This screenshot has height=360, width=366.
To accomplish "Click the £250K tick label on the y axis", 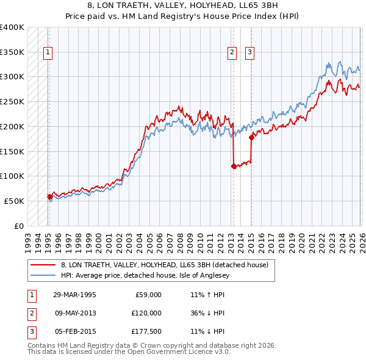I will point(12,101).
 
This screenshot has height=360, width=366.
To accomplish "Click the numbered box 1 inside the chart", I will point(48,53).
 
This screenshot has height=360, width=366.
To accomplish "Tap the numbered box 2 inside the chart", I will point(232,53).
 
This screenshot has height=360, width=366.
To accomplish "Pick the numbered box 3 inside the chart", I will point(250,53).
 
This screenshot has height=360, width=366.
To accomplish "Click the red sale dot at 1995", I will point(50,196).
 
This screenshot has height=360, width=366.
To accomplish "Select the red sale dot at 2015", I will point(251,137).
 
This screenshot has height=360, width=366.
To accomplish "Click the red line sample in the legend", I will point(43,265).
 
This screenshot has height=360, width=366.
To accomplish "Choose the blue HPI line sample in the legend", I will point(43,275).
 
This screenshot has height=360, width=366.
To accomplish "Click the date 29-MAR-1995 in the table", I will point(74,295).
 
